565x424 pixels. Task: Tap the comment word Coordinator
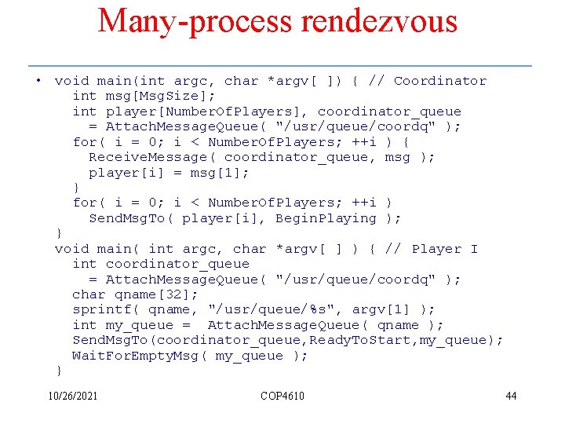point(440,81)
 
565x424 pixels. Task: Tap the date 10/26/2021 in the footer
point(73,396)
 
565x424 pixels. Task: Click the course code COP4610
point(282,396)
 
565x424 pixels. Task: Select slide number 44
point(511,396)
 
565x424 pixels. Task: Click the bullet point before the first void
point(38,81)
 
